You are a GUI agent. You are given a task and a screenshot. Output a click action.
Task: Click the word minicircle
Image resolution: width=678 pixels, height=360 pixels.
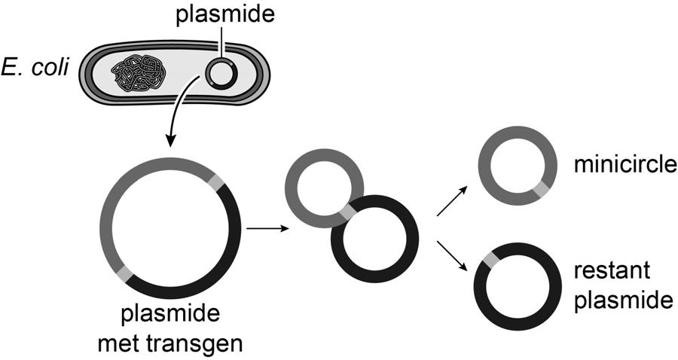pos(621,164)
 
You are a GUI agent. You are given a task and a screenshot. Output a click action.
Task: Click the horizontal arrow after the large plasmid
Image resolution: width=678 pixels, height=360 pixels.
pos(267,227)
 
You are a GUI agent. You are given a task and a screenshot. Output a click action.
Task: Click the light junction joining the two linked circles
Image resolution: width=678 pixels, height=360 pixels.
pos(347,214)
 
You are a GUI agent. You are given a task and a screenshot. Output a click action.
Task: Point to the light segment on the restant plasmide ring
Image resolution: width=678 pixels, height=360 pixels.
pos(490,261)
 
